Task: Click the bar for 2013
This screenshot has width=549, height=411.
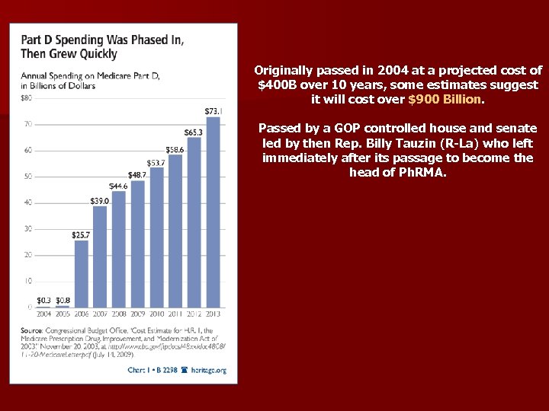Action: click(x=213, y=213)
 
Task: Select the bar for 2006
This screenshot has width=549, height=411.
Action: click(x=81, y=274)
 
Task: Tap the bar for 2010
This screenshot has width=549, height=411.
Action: click(x=157, y=237)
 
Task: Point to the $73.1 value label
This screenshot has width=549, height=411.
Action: click(x=213, y=111)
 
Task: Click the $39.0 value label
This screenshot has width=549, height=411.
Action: click(x=99, y=201)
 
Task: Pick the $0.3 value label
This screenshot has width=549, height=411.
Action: click(x=43, y=300)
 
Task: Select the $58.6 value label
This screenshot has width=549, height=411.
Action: click(x=175, y=150)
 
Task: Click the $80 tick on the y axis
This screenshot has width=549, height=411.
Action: click(x=26, y=98)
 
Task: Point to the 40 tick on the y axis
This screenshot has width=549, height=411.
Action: click(x=27, y=202)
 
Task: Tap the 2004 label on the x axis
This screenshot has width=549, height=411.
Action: click(x=43, y=314)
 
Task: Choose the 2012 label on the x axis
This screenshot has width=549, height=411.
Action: click(x=194, y=314)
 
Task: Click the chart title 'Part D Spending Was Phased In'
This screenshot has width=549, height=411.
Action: click(x=101, y=40)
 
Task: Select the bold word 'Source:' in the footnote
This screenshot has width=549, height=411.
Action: click(x=31, y=331)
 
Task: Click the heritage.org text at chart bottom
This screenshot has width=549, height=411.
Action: click(x=210, y=371)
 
